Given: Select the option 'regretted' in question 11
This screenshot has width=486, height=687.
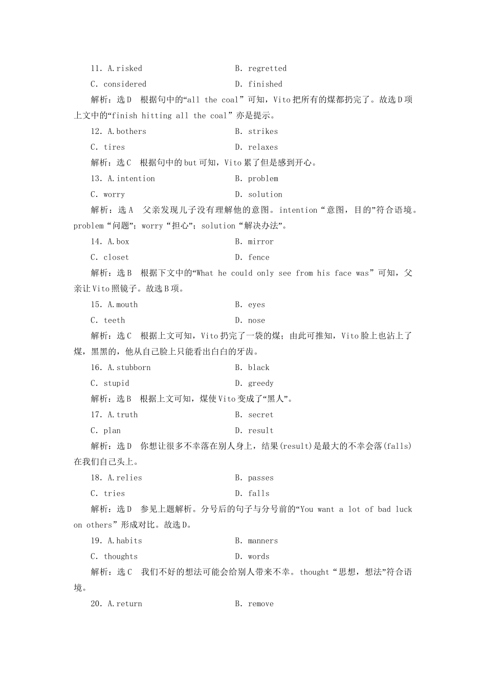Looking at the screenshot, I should click(267, 68).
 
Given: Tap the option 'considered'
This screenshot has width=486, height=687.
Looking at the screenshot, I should click(125, 84).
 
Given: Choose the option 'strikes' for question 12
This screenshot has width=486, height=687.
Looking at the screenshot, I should click(263, 131).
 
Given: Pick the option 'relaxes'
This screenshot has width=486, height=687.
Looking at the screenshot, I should click(263, 147).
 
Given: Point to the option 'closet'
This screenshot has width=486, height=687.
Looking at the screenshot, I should click(116, 258).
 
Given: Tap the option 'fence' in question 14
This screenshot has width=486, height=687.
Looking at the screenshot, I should click(259, 258).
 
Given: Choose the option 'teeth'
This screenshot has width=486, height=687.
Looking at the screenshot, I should click(114, 320).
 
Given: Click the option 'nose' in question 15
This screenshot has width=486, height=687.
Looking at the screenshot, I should click(257, 320).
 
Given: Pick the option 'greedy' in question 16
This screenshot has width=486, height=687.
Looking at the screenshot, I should click(261, 383).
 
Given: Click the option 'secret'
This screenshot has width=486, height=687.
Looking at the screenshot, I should click(261, 415).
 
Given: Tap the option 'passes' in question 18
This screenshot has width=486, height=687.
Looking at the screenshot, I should click(261, 478).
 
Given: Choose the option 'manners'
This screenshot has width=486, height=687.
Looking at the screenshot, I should click(263, 541).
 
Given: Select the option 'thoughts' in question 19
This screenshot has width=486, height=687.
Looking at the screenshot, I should click(121, 557).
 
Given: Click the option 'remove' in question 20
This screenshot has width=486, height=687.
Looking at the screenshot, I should click(261, 604).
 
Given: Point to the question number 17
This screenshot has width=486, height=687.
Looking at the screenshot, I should click(96, 415).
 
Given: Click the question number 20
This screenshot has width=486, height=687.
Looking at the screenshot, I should click(96, 604).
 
